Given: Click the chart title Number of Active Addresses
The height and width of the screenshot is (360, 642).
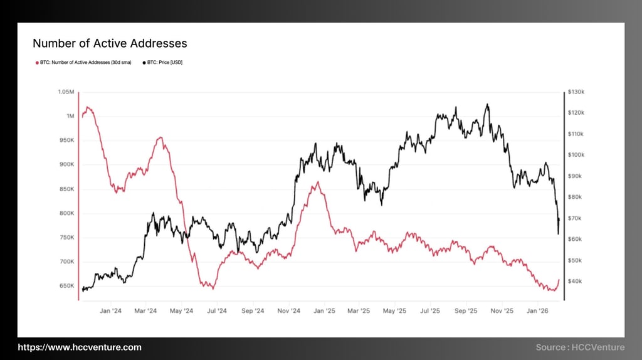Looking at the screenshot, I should pos(110,43).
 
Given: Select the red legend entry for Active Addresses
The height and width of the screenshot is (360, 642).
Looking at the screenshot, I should pos(85,63).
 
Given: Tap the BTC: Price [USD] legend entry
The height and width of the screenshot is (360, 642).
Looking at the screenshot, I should pos(165,63).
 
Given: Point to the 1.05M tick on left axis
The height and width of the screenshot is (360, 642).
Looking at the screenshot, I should pos(66,92).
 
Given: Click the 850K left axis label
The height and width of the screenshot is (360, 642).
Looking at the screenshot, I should pos(66,189).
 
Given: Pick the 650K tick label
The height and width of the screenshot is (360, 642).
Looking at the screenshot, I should pos(66,286).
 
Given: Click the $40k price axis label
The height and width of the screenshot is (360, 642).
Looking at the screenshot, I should pos(576,281).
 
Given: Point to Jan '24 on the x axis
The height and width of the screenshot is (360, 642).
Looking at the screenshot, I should pos(111,310).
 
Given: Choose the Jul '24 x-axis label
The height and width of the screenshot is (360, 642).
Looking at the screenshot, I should pos(216,310).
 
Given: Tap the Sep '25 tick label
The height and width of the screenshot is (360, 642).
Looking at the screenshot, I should pos(466,310).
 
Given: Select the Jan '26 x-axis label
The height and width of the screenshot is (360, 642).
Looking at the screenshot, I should pos(538,310).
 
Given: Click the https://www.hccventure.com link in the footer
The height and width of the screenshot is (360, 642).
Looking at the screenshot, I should pos(80,347).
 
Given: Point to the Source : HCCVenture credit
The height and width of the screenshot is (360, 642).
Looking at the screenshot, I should pos(580,347).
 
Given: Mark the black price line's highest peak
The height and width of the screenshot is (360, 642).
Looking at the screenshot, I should pos(487,105).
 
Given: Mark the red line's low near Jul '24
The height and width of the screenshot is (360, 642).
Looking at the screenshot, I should pos(213,289).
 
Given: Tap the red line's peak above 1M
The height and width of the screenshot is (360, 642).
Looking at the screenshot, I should pos(88,107).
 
